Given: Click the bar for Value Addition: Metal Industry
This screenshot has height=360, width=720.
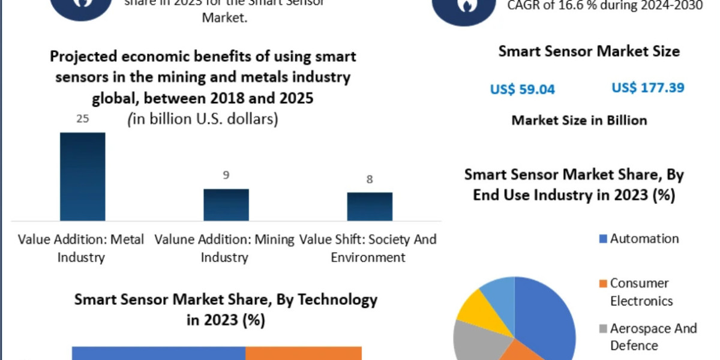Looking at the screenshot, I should tap(82, 176).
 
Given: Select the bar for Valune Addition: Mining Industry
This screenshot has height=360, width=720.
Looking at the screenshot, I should tap(226, 205).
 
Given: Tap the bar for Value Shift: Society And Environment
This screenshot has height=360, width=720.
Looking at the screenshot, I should tap(370, 206).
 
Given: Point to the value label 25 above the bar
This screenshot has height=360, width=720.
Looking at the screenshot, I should tap(82, 119).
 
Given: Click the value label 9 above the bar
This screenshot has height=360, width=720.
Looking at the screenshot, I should tap(226, 175).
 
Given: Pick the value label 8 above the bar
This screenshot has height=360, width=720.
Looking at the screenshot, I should tap(370, 179).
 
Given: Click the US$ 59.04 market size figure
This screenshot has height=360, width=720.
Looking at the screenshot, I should tap(523, 89).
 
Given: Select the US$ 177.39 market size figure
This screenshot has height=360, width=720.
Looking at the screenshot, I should tap(648, 88).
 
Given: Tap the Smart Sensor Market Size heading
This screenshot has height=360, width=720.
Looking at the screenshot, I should tap(589, 52).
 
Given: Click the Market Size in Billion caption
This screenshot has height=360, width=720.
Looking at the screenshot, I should tap(579, 120).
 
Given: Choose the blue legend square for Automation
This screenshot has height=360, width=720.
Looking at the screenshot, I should tap(602, 239).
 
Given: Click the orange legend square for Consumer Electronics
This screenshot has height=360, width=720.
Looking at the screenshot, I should tap(602, 283).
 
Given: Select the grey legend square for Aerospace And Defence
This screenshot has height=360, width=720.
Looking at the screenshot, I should tap(602, 329).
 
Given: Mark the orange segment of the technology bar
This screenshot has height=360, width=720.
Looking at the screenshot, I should tap(304, 353).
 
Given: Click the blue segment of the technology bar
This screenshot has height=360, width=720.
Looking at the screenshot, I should tap(158, 353).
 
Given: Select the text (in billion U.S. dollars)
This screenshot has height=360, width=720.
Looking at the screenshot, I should tap(203, 119).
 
